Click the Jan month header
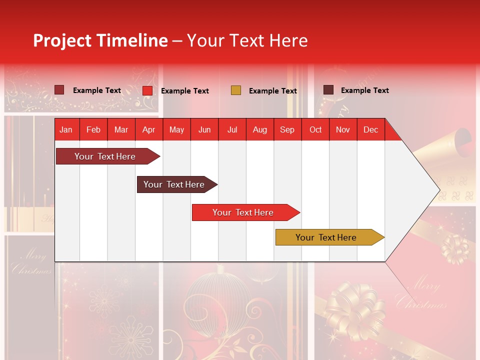[x=66, y=129]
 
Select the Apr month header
[x=148, y=129]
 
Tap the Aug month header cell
[x=259, y=129]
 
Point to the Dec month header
[x=370, y=129]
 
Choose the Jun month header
[x=204, y=129]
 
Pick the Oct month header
[x=315, y=129]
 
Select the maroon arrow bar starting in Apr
[x=175, y=184]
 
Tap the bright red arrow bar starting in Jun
[x=244, y=212]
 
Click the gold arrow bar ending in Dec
[x=327, y=237]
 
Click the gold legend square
[x=236, y=90]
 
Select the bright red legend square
[x=147, y=90]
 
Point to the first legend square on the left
[x=59, y=90]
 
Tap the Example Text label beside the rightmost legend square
[x=364, y=90]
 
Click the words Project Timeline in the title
[x=100, y=40]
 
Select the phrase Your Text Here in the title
[x=247, y=40]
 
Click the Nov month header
[x=342, y=129]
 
